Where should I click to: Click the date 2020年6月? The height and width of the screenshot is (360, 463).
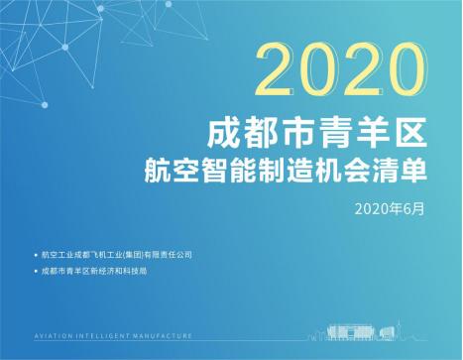click(x=394, y=209)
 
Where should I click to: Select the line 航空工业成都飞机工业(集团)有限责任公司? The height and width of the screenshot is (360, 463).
click(x=118, y=255)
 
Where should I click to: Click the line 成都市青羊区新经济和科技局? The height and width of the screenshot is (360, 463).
click(x=95, y=271)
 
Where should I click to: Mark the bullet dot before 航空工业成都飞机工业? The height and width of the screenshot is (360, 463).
click(x=35, y=255)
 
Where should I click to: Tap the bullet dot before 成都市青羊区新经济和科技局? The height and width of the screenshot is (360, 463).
click(x=35, y=271)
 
